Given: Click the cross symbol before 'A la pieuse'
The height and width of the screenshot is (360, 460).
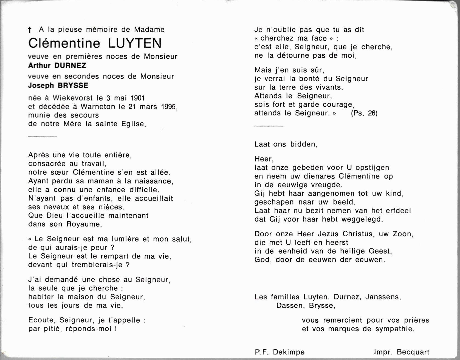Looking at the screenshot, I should [30, 30].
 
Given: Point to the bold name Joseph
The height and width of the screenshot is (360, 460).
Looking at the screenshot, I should [40, 85].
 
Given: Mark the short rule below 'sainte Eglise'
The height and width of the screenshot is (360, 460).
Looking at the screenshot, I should [43, 136].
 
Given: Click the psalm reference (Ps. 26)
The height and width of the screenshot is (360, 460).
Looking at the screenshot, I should [364, 113].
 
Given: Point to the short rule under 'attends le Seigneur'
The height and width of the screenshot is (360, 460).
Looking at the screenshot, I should [269, 126].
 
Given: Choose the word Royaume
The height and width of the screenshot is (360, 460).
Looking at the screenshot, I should [84, 224].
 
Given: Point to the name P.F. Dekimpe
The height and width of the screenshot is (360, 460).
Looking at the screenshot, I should [280, 352].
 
